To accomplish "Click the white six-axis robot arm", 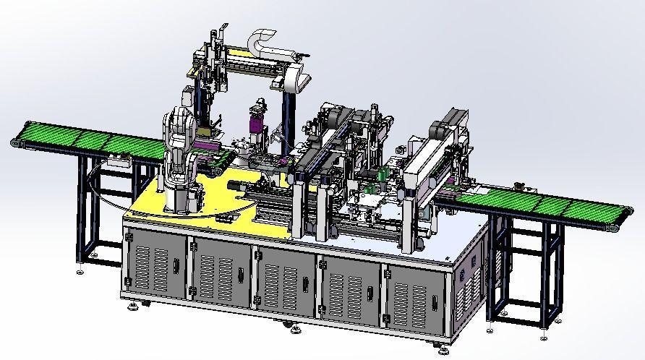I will (x=176, y=145).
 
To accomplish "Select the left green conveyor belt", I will (x=87, y=142).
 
